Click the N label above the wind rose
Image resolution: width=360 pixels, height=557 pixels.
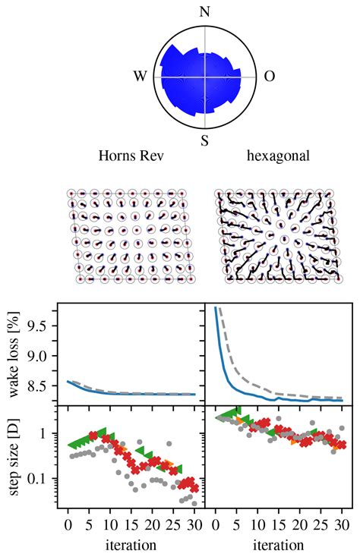click(204, 11)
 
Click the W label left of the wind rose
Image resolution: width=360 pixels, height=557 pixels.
click(140, 77)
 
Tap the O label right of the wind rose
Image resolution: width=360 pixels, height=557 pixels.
click(269, 77)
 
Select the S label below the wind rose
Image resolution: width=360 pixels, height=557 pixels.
click(204, 141)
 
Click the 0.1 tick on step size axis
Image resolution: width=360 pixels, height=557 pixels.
click(36, 479)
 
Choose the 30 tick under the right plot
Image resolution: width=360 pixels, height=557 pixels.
click(343, 525)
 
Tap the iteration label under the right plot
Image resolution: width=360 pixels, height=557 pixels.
click(279, 545)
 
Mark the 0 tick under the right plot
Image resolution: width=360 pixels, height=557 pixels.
click(216, 525)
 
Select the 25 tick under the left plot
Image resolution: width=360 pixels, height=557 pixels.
click(174, 525)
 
